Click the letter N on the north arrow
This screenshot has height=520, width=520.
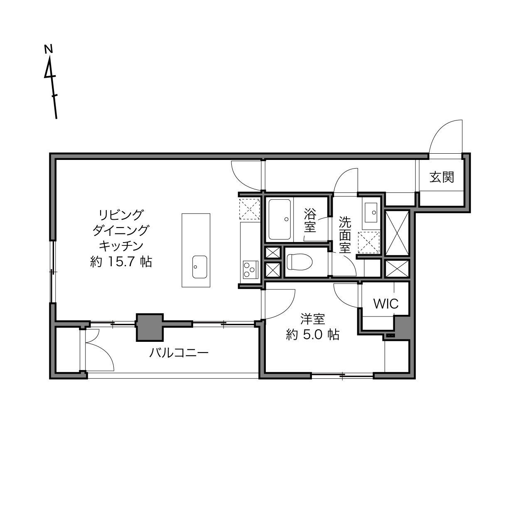tap(48, 49)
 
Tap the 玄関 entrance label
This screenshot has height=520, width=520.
tap(442, 177)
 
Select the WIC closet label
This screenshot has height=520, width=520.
tap(386, 304)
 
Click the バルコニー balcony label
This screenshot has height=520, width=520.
tap(179, 353)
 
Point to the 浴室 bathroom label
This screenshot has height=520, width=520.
tap(310, 220)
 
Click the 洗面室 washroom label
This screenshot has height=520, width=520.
tap(345, 235)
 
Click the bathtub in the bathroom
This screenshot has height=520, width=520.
tap(280, 219)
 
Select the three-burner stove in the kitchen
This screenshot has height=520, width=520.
tap(250, 270)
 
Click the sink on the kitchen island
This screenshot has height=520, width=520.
tap(200, 267)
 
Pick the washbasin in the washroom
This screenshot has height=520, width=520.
tap(371, 212)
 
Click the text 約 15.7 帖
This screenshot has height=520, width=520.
tap(121, 262)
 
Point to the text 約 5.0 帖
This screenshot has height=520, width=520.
tap(312, 335)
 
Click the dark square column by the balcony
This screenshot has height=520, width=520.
tap(150, 327)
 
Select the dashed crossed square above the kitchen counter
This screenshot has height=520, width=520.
tap(250, 209)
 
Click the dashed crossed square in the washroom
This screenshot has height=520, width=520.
tap(369, 242)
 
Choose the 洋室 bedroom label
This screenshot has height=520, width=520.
tap(312, 319)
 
